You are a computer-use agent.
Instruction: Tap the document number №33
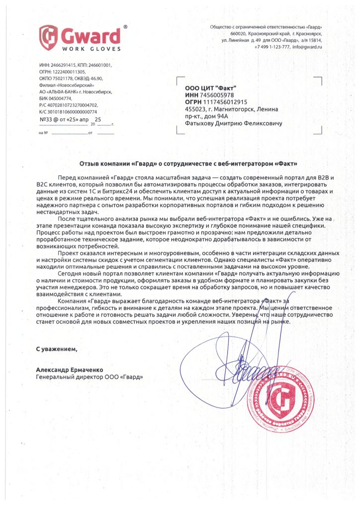[x=46, y=120]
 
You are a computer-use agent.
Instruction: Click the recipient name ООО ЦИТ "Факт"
[x=206, y=88]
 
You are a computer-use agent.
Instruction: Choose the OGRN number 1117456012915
[x=226, y=102]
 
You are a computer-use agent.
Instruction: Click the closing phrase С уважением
[x=57, y=348]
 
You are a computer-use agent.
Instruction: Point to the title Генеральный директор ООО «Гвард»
[x=90, y=377]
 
